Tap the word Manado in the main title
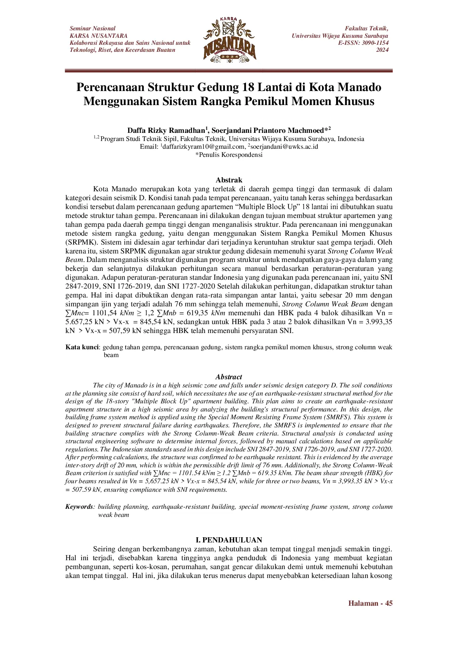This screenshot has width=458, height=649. click(360, 87)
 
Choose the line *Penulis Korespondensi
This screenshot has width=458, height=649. click(229, 155)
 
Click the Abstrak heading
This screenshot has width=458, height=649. click(229, 180)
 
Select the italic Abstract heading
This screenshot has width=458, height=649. click(229, 377)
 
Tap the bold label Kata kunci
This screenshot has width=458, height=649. click(82, 347)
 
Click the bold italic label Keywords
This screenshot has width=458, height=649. click(79, 507)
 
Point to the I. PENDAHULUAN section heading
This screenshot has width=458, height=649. click(229, 540)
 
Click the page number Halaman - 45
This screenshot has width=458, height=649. click(370, 603)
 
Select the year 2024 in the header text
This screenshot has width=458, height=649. click(382, 50)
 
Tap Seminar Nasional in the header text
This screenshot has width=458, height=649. click(92, 28)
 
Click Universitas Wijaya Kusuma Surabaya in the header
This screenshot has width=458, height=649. click(340, 36)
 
